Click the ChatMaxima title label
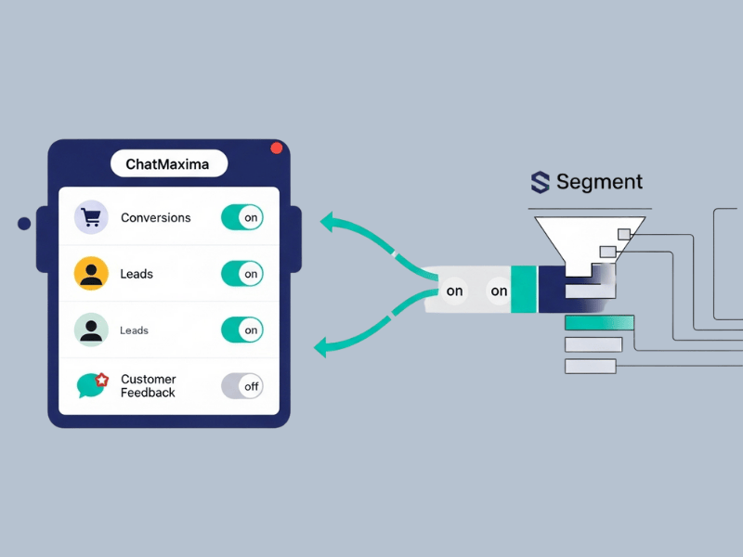click(x=168, y=164)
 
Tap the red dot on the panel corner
click(x=276, y=149)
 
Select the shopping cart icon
click(x=91, y=217)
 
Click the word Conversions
click(x=155, y=218)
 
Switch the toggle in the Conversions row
click(x=242, y=218)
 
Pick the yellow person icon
click(x=91, y=274)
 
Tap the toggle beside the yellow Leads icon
click(x=242, y=274)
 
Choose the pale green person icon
click(x=91, y=330)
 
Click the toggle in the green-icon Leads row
click(x=242, y=330)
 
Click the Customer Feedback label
click(x=149, y=385)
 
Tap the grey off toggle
click(x=242, y=385)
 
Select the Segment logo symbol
click(x=540, y=182)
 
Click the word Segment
click(x=599, y=182)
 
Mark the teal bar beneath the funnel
click(x=599, y=323)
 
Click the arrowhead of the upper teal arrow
click(x=327, y=222)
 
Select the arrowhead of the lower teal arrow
click(x=321, y=349)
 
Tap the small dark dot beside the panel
click(x=24, y=224)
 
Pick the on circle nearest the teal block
click(x=500, y=291)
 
